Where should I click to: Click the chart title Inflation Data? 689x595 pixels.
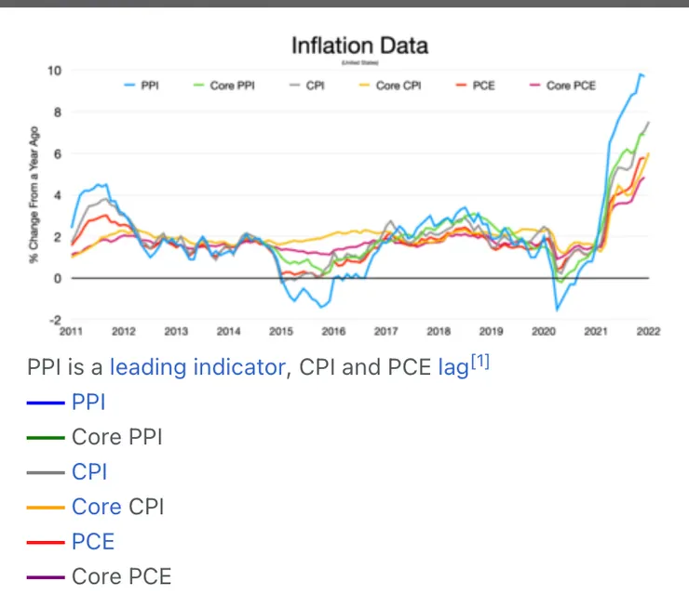[358, 45]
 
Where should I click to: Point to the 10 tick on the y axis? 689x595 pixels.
[55, 71]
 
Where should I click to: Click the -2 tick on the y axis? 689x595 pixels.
[55, 319]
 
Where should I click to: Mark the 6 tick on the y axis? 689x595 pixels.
[57, 153]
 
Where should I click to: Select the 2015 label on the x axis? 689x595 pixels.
[281, 331]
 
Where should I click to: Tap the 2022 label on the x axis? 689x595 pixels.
[648, 331]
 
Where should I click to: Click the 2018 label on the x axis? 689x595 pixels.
[439, 331]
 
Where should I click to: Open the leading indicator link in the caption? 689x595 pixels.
[196, 367]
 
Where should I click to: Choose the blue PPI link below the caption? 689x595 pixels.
[88, 402]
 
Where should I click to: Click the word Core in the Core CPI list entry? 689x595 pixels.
[96, 507]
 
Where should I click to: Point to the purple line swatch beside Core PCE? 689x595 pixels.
[46, 577]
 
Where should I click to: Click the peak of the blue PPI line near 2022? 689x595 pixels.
[640, 73]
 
